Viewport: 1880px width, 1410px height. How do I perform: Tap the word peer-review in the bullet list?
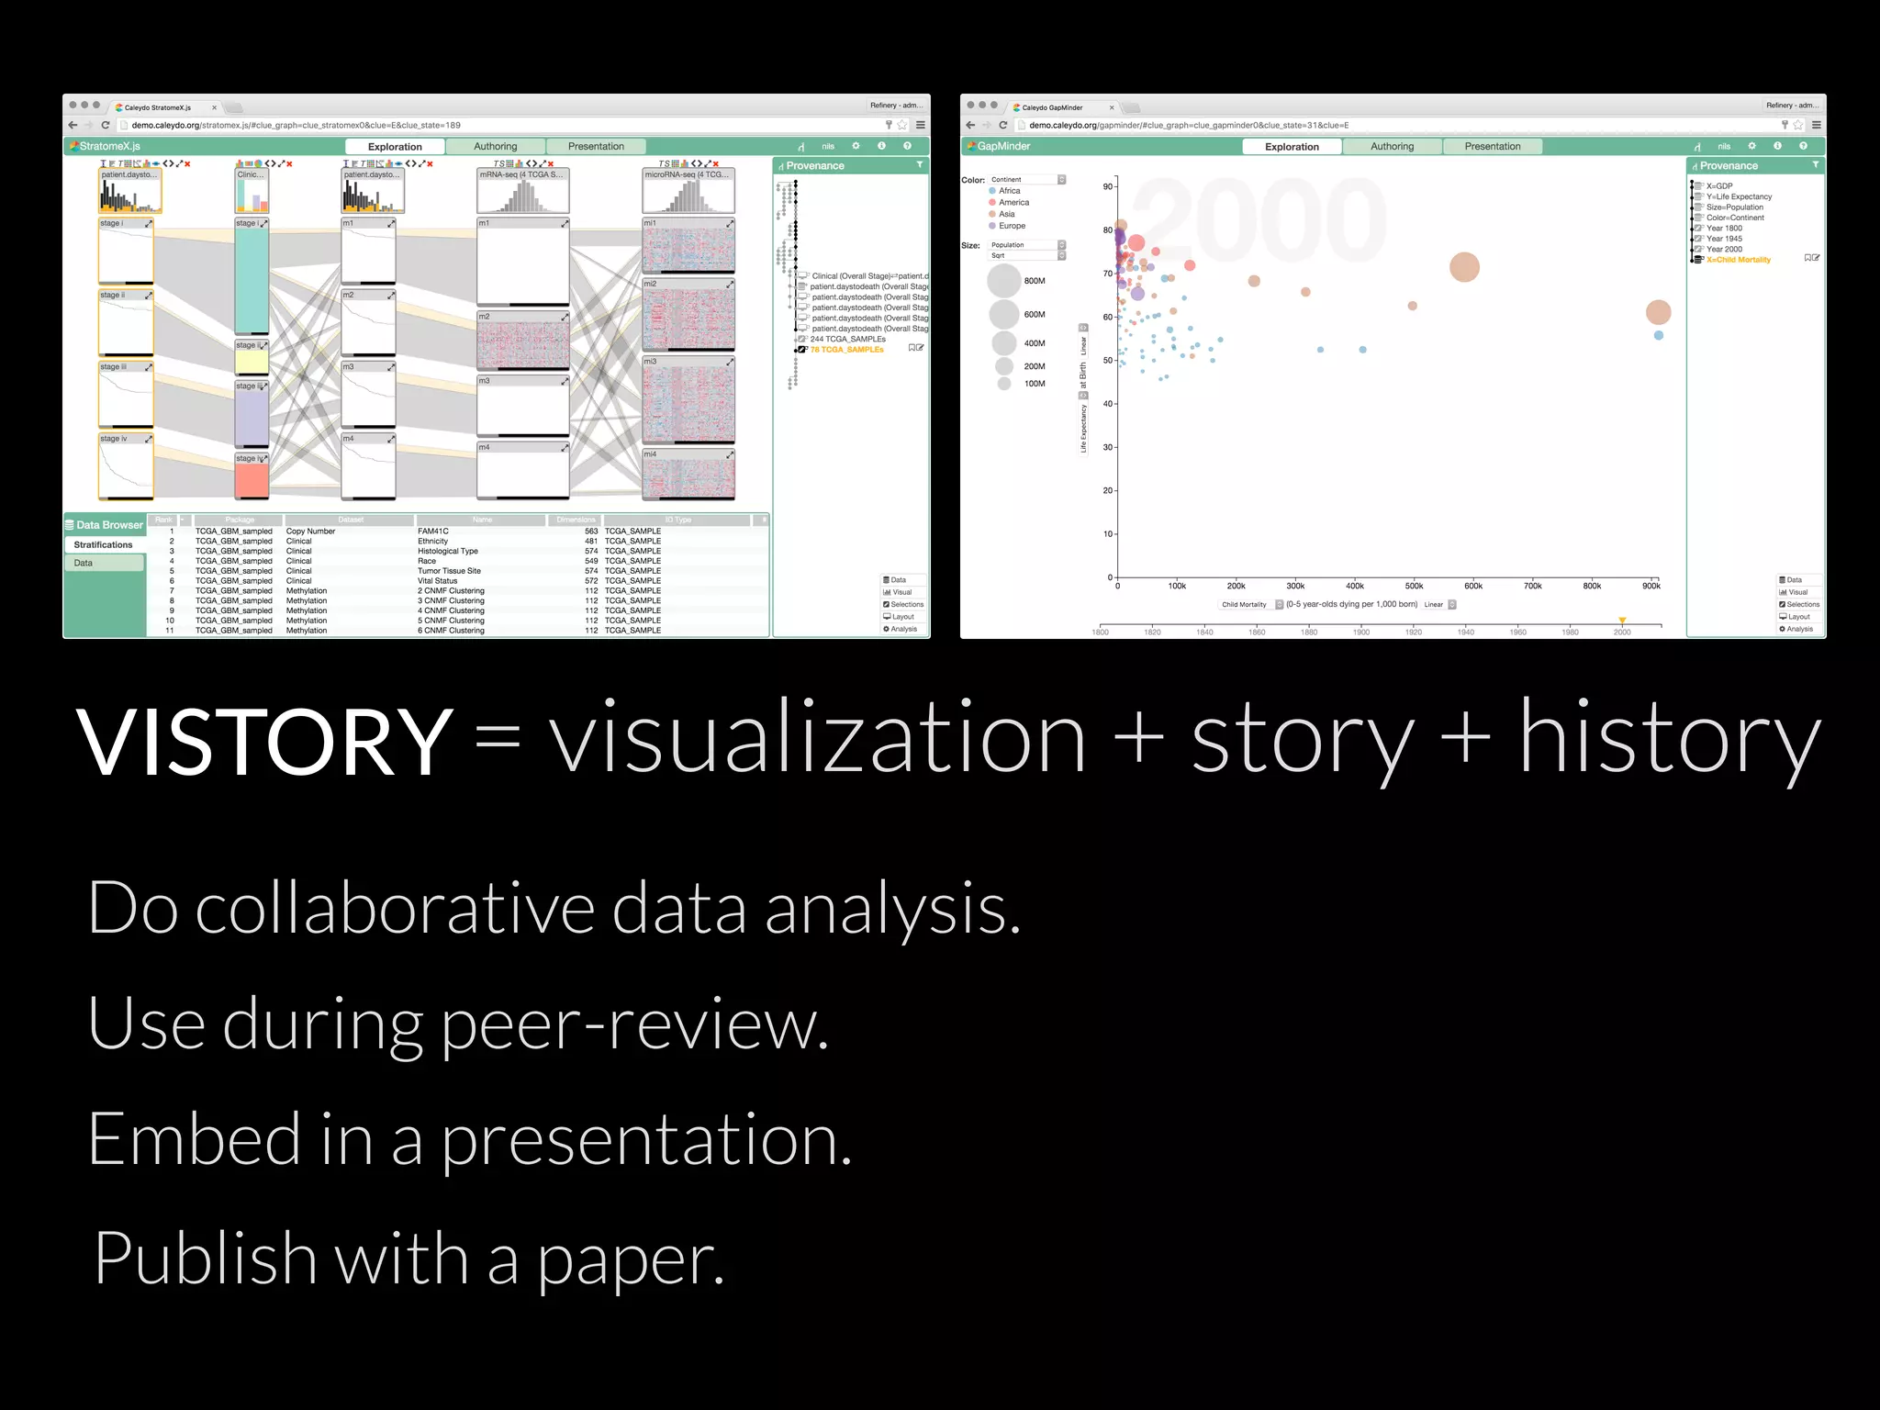(x=634, y=1024)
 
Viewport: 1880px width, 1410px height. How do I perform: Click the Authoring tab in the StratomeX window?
(x=495, y=147)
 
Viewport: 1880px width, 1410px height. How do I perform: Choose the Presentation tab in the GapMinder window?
(x=1492, y=147)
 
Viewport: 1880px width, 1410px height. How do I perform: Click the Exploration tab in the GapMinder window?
(x=1292, y=147)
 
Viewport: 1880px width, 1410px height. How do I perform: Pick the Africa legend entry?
(x=1009, y=191)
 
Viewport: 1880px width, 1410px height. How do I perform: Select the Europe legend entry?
(x=1012, y=226)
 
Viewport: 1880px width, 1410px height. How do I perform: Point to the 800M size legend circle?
(x=1004, y=281)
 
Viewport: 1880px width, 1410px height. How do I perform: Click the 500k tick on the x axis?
(x=1414, y=586)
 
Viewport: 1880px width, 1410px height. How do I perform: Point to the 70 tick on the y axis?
(x=1108, y=274)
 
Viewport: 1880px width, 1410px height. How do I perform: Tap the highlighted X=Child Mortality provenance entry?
(x=1738, y=260)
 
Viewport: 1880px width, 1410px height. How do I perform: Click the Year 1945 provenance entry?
(x=1723, y=239)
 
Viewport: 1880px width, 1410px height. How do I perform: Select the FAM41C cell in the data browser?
(x=433, y=532)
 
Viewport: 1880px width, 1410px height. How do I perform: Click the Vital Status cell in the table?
(x=437, y=581)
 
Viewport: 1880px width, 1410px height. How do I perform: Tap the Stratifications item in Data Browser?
(x=103, y=545)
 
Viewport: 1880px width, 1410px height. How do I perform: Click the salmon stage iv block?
(x=252, y=480)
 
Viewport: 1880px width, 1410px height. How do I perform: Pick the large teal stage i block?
(x=252, y=280)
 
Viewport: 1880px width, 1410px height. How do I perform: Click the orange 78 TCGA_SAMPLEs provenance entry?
(x=846, y=350)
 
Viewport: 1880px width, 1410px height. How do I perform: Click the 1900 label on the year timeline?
(x=1360, y=632)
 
